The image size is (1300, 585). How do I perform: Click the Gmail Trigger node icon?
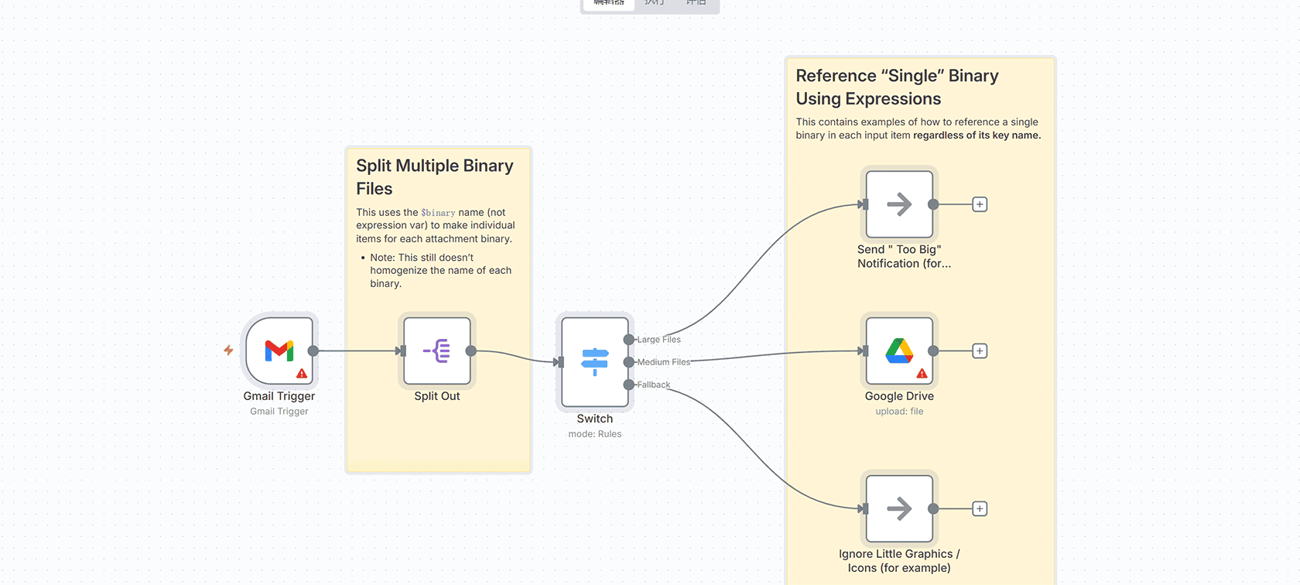tap(279, 351)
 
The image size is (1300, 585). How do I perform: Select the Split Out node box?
tap(437, 351)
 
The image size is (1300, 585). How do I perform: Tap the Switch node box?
tap(594, 361)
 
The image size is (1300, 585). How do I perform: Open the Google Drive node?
tap(899, 351)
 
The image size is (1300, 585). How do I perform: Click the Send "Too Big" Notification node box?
tap(899, 204)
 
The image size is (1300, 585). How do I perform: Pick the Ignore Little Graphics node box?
tap(899, 508)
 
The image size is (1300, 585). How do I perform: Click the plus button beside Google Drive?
tap(980, 351)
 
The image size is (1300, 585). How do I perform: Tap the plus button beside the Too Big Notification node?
tap(980, 204)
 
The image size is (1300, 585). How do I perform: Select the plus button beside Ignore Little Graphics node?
tap(980, 508)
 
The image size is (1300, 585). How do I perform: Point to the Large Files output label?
tap(659, 340)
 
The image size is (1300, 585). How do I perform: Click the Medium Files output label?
tap(663, 362)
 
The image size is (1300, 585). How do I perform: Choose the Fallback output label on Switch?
tap(654, 385)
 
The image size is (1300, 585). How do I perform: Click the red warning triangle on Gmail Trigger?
tap(302, 374)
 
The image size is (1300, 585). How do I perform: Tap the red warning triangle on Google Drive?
tap(922, 374)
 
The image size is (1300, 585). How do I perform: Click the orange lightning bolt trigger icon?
tap(228, 351)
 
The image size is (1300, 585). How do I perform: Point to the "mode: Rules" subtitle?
tap(594, 434)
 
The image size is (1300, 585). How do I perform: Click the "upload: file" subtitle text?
tap(899, 412)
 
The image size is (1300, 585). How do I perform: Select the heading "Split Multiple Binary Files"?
tap(434, 177)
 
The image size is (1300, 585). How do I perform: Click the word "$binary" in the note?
tap(438, 213)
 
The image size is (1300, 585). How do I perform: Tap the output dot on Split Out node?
tap(470, 351)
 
